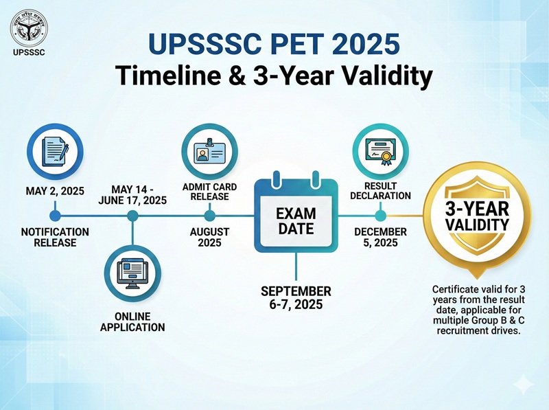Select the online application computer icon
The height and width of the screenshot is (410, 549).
132,274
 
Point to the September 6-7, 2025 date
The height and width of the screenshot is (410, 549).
296,298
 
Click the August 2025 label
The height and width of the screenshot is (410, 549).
209,238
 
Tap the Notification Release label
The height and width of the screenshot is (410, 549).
54,238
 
